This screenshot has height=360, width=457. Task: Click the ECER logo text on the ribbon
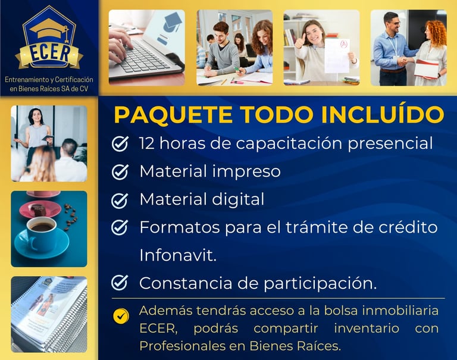click(x=50, y=53)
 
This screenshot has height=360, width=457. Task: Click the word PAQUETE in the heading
click(x=173, y=114)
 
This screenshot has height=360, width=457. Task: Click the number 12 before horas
click(x=147, y=143)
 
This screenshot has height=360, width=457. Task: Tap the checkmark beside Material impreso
click(x=120, y=171)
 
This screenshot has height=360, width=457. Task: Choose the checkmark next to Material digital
click(x=120, y=201)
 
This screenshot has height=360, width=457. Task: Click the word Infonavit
click(x=178, y=255)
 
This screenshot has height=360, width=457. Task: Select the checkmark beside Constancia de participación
click(x=120, y=282)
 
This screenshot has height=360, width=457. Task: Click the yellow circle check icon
click(x=121, y=316)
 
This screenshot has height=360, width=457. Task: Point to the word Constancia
click(x=186, y=283)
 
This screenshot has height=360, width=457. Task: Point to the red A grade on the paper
click(x=344, y=44)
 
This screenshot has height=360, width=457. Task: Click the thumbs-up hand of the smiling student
click(x=299, y=42)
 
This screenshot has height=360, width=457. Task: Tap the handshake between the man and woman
click(x=402, y=61)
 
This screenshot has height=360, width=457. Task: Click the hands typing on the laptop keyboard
click(x=120, y=44)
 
